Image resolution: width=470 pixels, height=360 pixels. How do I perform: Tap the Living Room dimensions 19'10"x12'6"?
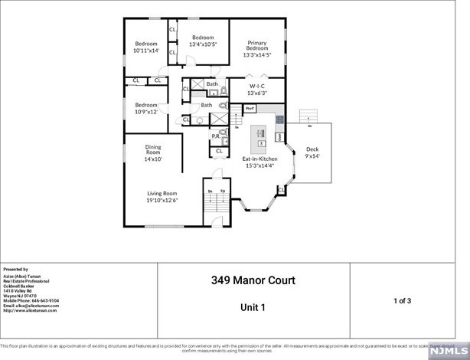(x=162, y=201)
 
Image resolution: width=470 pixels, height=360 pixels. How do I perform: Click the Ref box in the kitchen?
(x=250, y=109)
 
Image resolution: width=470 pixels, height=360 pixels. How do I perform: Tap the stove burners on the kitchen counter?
(x=279, y=119)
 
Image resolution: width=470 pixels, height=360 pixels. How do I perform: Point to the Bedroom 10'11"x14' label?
(x=146, y=47)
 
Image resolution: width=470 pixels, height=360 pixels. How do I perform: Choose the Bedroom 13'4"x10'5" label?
(x=203, y=41)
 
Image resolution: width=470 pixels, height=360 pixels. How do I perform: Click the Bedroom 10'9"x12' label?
(x=146, y=108)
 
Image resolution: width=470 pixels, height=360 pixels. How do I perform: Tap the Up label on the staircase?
(x=223, y=191)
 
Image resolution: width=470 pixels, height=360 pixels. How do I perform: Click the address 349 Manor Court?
(x=253, y=280)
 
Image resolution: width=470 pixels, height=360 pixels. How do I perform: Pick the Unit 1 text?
(x=252, y=307)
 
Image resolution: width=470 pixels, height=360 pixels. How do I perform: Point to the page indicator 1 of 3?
(x=402, y=300)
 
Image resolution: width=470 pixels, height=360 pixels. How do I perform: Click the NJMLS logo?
(x=448, y=349)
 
